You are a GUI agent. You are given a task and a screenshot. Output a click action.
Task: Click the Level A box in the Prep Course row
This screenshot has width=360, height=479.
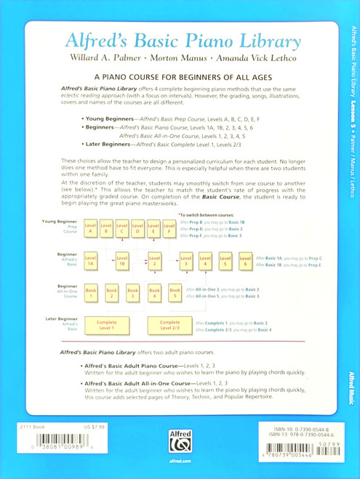(90, 231)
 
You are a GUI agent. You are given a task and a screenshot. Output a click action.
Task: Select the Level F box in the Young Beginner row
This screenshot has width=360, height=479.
(153, 231)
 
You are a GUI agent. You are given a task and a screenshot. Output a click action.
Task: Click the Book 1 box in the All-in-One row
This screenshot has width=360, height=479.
(90, 294)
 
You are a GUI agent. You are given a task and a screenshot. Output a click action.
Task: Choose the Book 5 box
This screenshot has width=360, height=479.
(175, 294)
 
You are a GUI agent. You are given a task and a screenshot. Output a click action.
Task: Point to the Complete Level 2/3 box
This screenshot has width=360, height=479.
(169, 325)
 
